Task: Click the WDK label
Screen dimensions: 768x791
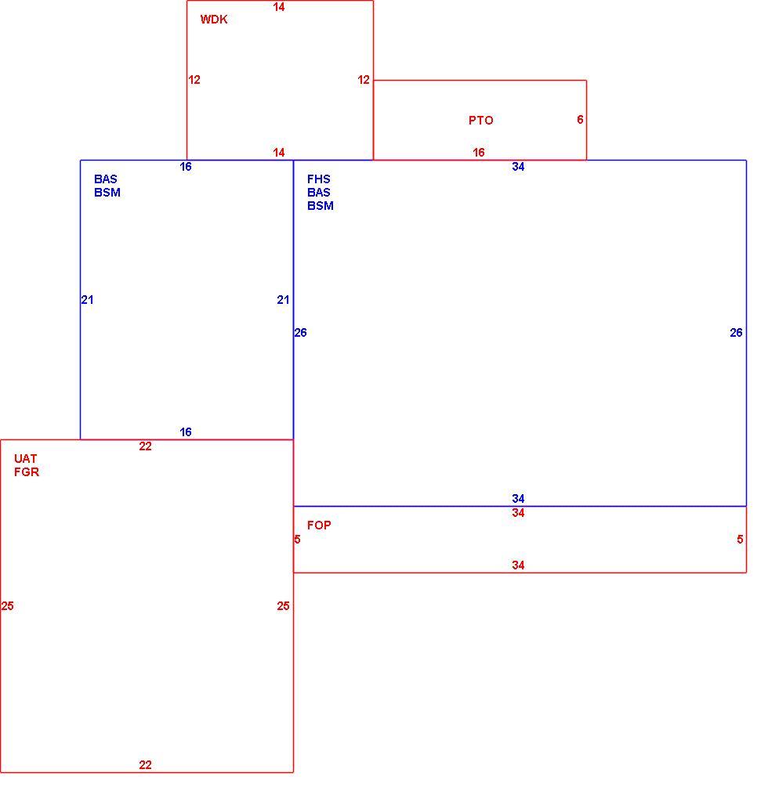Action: [x=214, y=19]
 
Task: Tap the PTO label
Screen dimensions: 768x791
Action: [x=480, y=120]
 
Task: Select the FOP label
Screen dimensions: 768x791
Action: [x=319, y=526]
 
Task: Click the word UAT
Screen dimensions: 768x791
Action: [x=25, y=459]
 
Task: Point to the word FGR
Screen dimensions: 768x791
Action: [x=27, y=471]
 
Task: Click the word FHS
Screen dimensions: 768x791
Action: [x=319, y=179]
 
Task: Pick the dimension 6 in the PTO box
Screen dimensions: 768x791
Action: [x=580, y=120]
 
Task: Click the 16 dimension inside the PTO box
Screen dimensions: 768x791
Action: [x=479, y=153]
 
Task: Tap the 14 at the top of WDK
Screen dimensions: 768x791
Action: [x=279, y=7]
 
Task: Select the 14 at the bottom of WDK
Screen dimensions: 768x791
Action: [x=279, y=153]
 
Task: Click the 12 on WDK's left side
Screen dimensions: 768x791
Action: [x=194, y=80]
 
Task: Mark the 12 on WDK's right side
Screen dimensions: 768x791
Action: [x=364, y=80]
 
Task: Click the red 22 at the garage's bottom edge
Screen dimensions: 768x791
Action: [x=146, y=765]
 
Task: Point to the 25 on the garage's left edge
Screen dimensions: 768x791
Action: [x=8, y=606]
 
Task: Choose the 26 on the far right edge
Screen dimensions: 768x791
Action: [x=736, y=332]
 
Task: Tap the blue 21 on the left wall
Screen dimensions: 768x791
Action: [x=87, y=300]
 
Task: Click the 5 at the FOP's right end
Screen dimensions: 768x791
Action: [x=740, y=540]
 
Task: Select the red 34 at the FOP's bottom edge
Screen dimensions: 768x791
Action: [x=518, y=565]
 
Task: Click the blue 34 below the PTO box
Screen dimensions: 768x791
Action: [x=518, y=167]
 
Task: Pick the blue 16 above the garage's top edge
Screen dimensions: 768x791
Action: [x=186, y=432]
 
